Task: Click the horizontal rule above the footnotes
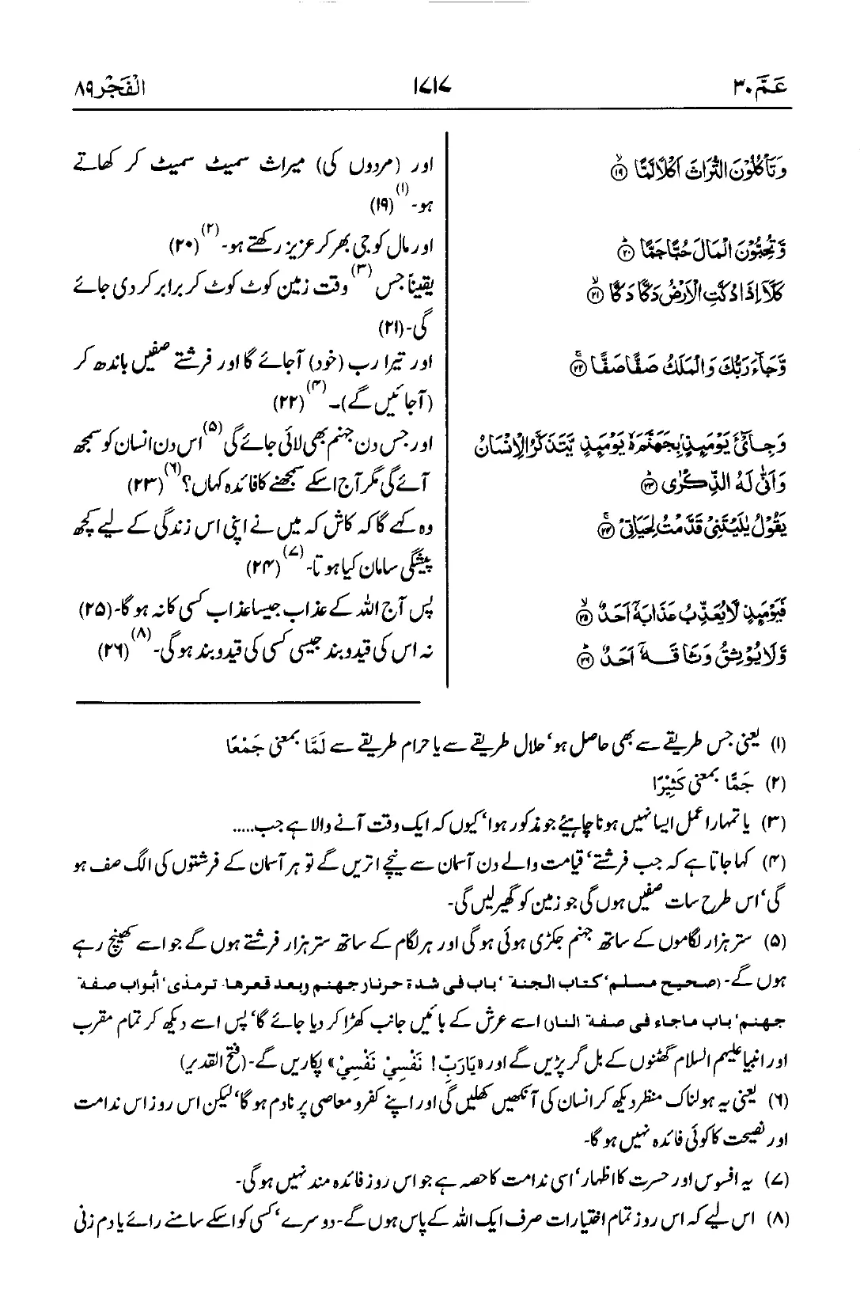[x=249, y=701]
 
